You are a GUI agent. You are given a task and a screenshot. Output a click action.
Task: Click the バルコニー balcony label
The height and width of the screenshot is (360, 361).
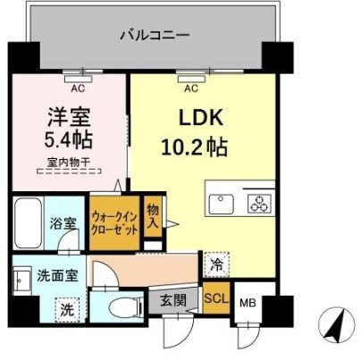(153, 37)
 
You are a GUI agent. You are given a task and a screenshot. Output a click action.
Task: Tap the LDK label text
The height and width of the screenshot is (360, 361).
(202, 118)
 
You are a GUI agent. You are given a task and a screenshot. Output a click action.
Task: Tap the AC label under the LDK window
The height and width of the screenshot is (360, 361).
(190, 88)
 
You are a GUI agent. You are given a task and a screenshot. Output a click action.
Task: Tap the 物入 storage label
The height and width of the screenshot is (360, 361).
(153, 215)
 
